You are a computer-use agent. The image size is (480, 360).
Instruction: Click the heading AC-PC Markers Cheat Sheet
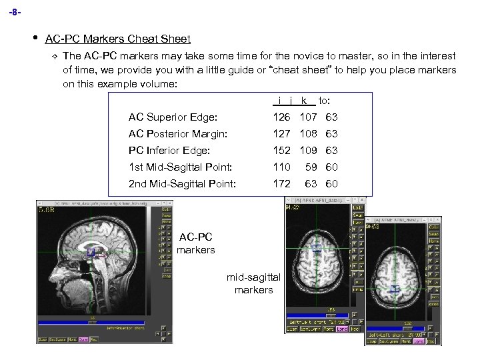click(117, 39)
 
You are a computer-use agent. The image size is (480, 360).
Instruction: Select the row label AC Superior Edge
click(173, 117)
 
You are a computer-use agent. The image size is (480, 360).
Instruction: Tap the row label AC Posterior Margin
click(178, 134)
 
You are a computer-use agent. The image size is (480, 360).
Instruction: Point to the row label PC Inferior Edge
click(169, 151)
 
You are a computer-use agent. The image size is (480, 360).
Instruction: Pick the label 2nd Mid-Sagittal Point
click(182, 183)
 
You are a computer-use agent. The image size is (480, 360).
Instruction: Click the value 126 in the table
click(281, 117)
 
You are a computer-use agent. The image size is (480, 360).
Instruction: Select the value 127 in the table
click(281, 134)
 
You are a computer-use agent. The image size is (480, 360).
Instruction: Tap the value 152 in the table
click(281, 151)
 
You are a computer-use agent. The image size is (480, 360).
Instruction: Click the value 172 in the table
click(281, 183)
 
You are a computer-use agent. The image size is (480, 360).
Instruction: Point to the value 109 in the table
click(308, 151)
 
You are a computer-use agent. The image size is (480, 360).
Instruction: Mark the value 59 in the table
click(311, 167)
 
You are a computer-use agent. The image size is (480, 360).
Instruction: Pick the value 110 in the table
click(281, 167)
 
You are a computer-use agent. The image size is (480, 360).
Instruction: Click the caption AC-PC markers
click(196, 243)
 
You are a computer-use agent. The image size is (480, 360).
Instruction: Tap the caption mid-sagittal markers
click(253, 283)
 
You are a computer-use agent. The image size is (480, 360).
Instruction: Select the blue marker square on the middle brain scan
click(317, 248)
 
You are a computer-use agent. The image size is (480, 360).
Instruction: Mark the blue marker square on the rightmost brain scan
click(395, 289)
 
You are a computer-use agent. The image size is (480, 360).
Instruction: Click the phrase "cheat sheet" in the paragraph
click(294, 70)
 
